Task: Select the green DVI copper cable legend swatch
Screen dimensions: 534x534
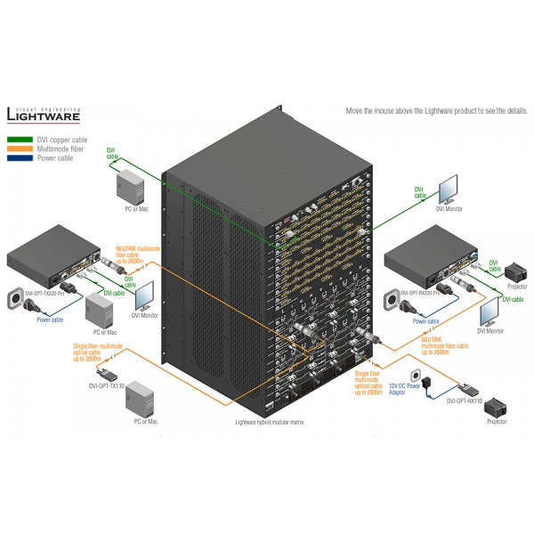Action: (x=20, y=140)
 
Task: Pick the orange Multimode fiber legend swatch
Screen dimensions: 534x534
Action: (x=20, y=150)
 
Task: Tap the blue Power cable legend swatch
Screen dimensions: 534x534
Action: (x=20, y=159)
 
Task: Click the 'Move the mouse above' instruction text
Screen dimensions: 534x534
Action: (x=436, y=111)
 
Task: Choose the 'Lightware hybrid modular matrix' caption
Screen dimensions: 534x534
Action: (x=268, y=423)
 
